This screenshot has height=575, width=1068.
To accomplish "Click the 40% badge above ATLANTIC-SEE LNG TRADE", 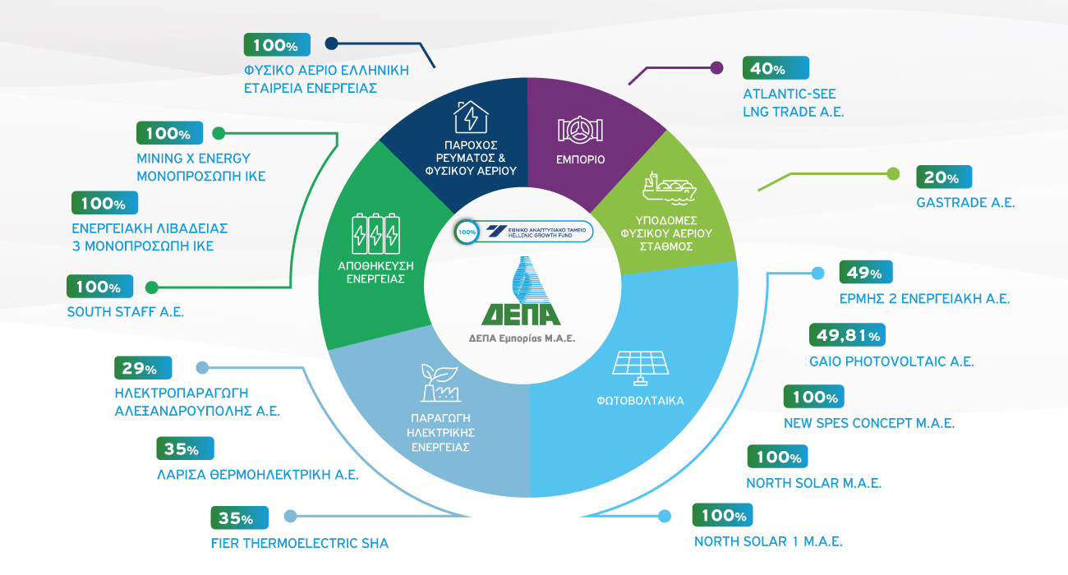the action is [776, 68].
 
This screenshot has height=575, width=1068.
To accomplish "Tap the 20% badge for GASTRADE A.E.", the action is [944, 177].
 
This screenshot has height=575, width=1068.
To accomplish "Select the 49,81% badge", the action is [847, 335].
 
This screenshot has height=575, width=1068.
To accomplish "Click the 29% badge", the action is [143, 368].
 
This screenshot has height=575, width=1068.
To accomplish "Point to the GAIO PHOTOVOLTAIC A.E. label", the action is [891, 361].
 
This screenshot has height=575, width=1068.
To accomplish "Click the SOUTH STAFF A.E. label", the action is [126, 312].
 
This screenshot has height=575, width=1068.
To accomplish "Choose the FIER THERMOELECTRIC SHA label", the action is [300, 543].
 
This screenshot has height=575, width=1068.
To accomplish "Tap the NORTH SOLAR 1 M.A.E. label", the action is [769, 541].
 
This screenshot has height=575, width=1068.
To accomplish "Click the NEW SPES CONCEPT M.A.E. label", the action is [869, 423].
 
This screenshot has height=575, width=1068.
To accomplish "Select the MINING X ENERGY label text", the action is [194, 159].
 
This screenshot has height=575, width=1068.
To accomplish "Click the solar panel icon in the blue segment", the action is [640, 368].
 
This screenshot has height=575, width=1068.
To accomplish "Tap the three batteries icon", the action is [375, 233].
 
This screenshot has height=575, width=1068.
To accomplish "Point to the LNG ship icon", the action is [670, 189].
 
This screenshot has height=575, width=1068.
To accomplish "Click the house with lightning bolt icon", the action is [471, 117].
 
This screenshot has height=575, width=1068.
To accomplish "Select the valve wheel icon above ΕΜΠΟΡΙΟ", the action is [580, 130].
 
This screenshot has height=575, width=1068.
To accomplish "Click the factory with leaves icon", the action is [440, 383].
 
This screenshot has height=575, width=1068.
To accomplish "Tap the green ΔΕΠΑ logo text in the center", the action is [521, 315].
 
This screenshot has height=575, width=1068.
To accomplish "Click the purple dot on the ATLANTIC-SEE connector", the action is [716, 68].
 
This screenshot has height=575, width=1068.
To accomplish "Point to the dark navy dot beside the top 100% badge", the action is [331, 44].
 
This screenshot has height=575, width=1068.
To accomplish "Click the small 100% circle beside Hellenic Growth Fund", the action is [467, 232].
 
